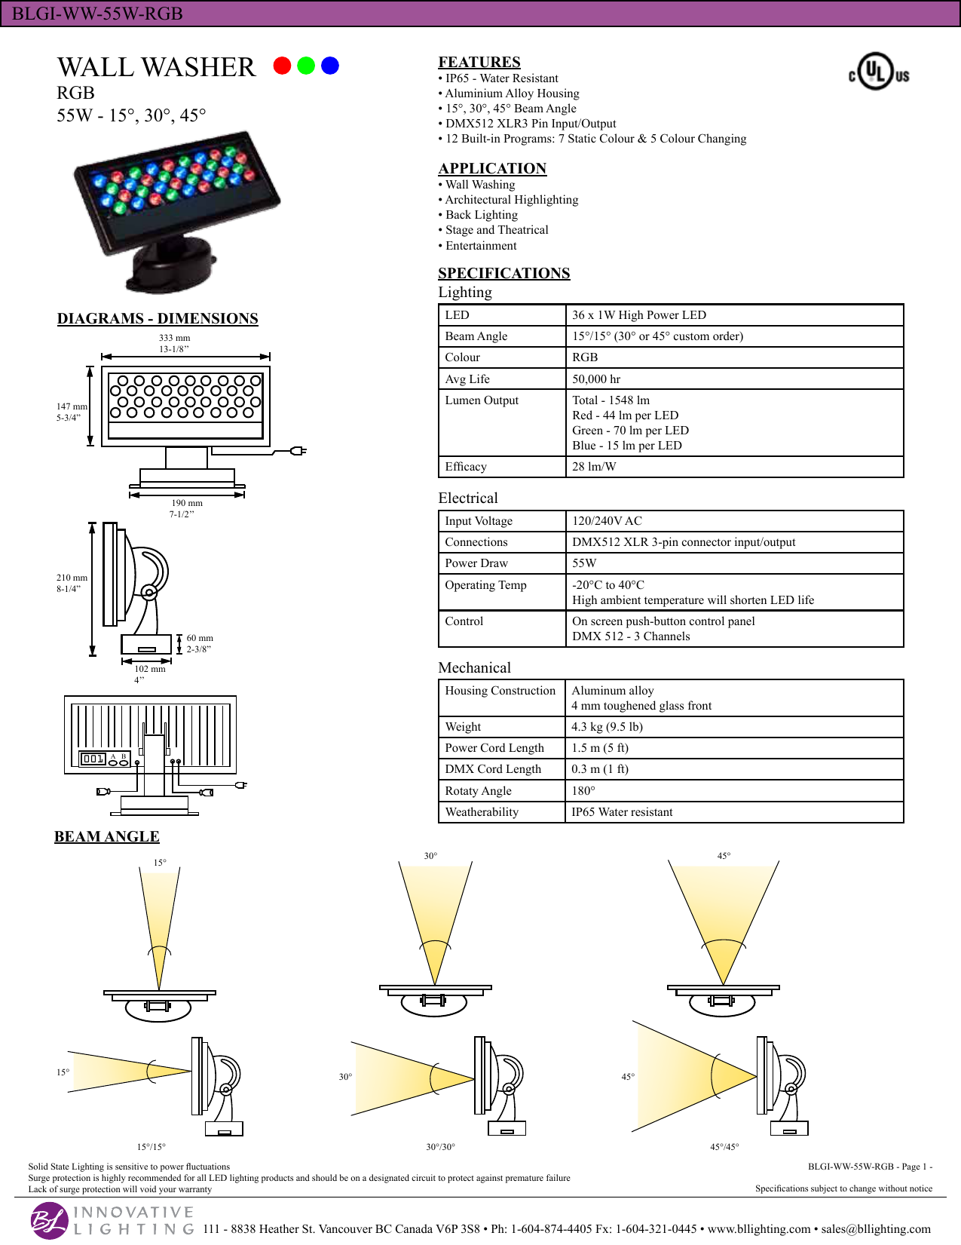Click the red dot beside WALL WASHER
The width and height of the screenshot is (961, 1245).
tap(282, 66)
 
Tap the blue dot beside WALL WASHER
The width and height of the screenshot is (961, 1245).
tap(330, 66)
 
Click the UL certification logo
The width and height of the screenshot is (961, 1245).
tap(879, 72)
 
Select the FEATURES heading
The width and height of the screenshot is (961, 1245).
tap(479, 62)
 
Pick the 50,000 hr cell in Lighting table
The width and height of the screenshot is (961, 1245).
tap(596, 379)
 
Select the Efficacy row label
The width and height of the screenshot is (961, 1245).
tap(466, 466)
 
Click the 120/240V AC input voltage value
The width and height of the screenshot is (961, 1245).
tap(607, 521)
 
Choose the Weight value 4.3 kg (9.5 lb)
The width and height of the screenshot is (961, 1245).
tap(607, 726)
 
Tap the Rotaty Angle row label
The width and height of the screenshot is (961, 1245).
tap(478, 790)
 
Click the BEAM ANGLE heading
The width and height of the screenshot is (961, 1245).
tap(106, 836)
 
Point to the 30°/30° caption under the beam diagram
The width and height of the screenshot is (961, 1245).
tap(440, 1146)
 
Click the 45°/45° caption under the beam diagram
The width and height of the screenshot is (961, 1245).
tap(724, 1146)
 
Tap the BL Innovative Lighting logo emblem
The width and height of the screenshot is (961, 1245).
tap(49, 1220)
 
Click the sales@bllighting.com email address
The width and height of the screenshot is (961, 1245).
tap(876, 1228)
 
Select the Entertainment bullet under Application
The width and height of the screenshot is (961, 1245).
tap(481, 245)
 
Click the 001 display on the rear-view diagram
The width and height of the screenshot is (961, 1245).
tap(93, 759)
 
